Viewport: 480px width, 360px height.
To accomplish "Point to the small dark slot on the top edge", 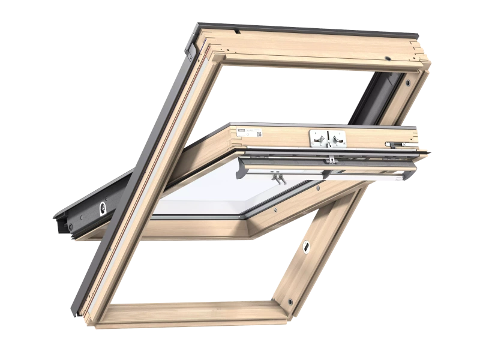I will pyautogui.click(x=237, y=28).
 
